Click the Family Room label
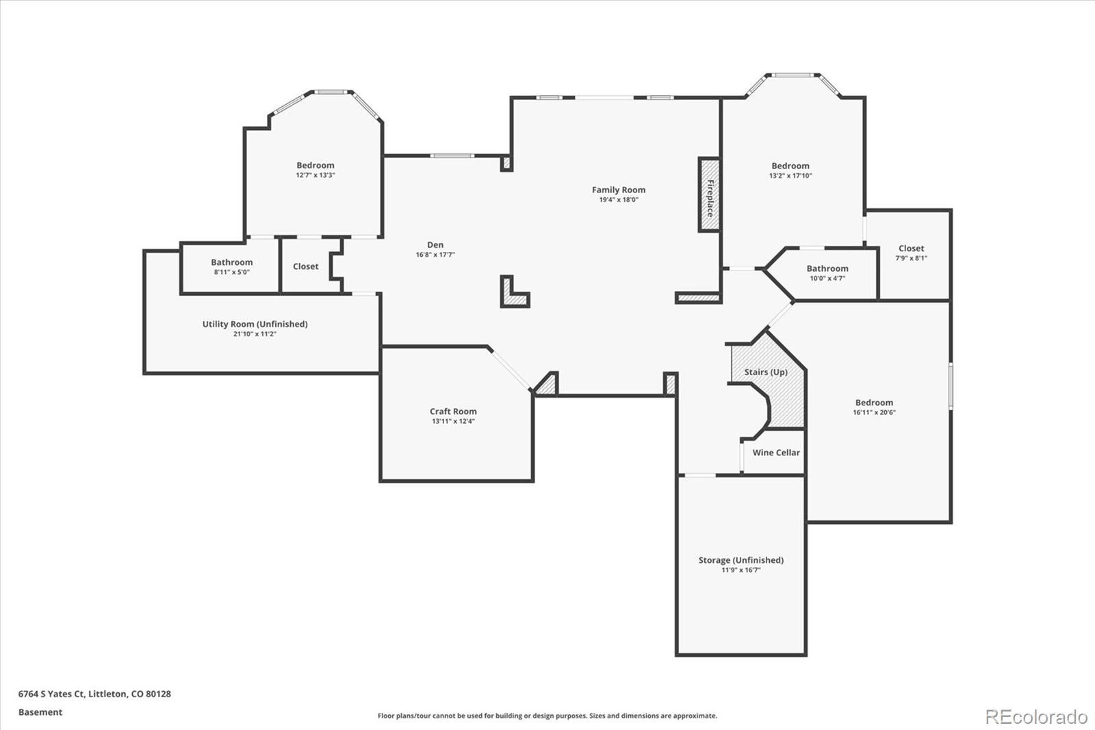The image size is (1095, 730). tap(618, 190)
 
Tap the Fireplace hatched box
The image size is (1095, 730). tap(710, 195)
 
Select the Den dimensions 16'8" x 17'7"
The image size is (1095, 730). tap(435, 255)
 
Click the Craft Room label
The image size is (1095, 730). tap(453, 412)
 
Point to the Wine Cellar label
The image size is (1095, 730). tap(776, 453)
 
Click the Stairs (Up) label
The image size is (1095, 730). tap(766, 372)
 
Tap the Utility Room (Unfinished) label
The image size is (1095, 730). tap(255, 324)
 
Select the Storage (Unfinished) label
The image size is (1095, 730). tap(740, 560)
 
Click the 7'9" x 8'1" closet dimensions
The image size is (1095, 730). tap(911, 258)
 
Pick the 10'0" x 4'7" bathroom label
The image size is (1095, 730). tap(827, 268)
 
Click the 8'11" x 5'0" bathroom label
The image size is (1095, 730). tap(231, 262)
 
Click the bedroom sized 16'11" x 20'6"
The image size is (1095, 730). tap(874, 403)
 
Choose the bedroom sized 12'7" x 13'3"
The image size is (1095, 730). tap(315, 165)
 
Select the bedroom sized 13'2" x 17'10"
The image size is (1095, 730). tap(790, 166)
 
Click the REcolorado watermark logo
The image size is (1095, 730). tap(1035, 716)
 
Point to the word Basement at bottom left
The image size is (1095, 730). tap(40, 712)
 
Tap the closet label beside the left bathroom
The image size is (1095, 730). tap(305, 266)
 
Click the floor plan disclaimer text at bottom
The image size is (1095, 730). tap(547, 716)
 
